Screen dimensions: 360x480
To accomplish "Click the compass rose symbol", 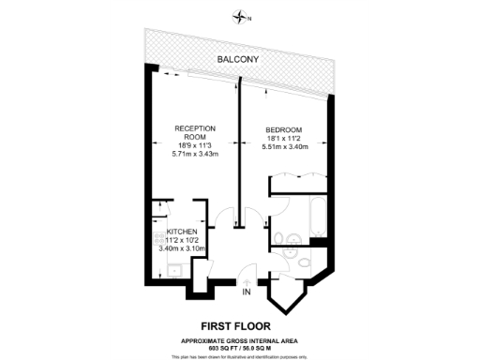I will pos(243,16).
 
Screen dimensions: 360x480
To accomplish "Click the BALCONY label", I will pos(239,59).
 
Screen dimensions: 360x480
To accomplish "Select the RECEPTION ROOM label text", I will pos(195,132).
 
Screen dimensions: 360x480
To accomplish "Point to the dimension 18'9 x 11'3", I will pos(195,145).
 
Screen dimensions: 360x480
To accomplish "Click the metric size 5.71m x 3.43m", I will pos(195,154).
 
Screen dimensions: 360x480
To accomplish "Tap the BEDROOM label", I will pos(284,129).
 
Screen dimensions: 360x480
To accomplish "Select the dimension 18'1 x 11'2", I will pos(284,138).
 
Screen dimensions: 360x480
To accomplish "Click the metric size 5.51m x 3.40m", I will pos(284,146).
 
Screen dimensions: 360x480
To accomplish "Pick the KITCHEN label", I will pos(182,231).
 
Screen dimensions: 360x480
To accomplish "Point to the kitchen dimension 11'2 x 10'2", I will pos(182,239).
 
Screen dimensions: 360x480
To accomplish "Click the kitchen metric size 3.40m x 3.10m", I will pos(182,247).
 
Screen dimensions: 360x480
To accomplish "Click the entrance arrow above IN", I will pos(246,278).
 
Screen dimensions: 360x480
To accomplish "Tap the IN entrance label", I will pos(246,292).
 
